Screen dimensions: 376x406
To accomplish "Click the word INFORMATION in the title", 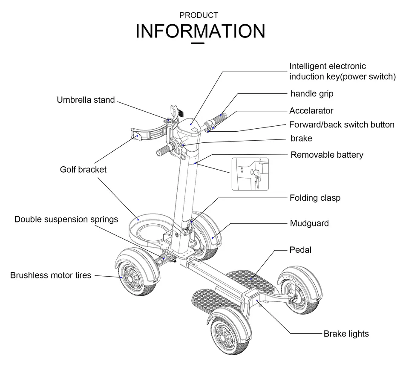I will tap(200, 32).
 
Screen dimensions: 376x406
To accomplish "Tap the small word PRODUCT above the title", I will tap(199, 15).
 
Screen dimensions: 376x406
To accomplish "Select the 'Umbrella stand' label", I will tap(86, 100).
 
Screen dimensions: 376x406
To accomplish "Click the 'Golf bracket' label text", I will tap(83, 169).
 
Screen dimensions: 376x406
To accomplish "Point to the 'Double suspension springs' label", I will tap(66, 220).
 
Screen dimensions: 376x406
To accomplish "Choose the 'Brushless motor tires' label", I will tap(51, 275).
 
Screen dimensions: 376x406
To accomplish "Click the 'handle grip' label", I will tap(312, 93).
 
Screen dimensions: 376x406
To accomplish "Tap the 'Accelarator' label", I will tap(311, 111).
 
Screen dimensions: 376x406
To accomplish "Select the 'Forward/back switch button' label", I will tap(342, 124).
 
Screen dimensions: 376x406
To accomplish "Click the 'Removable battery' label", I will tap(327, 155).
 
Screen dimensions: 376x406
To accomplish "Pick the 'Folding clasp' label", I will tap(315, 198).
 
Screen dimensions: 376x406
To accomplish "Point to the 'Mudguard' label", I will tap(309, 223).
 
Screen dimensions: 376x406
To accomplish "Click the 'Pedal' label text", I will tap(300, 250).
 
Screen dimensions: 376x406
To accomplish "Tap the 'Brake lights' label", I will tap(346, 334).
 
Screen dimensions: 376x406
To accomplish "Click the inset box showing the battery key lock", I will tap(250, 174).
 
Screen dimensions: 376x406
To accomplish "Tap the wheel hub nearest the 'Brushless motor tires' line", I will tap(130, 277).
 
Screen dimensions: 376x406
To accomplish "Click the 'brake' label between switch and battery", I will tap(301, 138).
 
